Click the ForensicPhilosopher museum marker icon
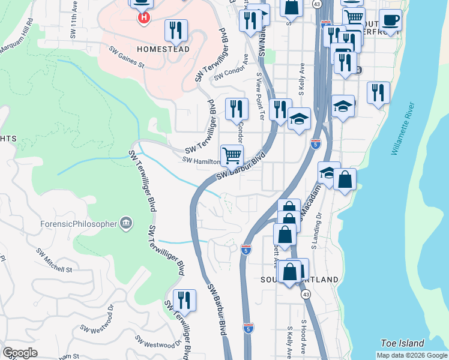coord(126,224)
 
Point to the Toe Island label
coord(402,344)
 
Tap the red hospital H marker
coord(144,19)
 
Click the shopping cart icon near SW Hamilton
coord(232,155)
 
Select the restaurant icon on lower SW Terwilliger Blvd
coord(184,299)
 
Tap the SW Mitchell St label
coord(53,261)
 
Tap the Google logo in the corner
coord(20,353)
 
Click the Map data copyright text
coord(412,355)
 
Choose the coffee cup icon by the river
coord(390,20)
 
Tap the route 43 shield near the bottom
coord(306,295)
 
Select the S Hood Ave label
coord(304,336)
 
